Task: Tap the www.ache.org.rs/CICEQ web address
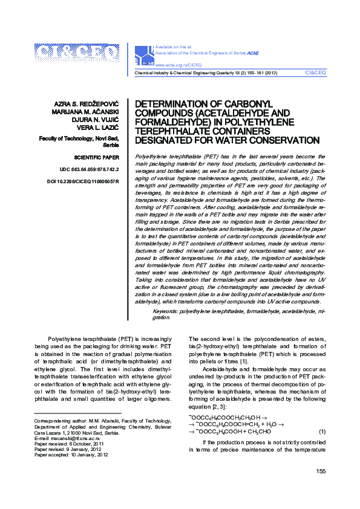click(178, 63)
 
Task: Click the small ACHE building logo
click(145, 54)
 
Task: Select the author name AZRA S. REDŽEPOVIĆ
click(91, 105)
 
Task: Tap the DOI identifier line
click(83, 181)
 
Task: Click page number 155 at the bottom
click(320, 488)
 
